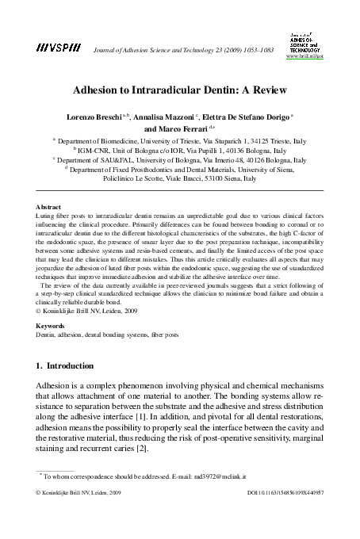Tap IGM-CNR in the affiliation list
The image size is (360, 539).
tap(97, 148)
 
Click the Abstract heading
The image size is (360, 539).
tap(51, 205)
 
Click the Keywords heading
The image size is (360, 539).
tap(52, 281)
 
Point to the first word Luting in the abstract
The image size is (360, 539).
tap(46, 215)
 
